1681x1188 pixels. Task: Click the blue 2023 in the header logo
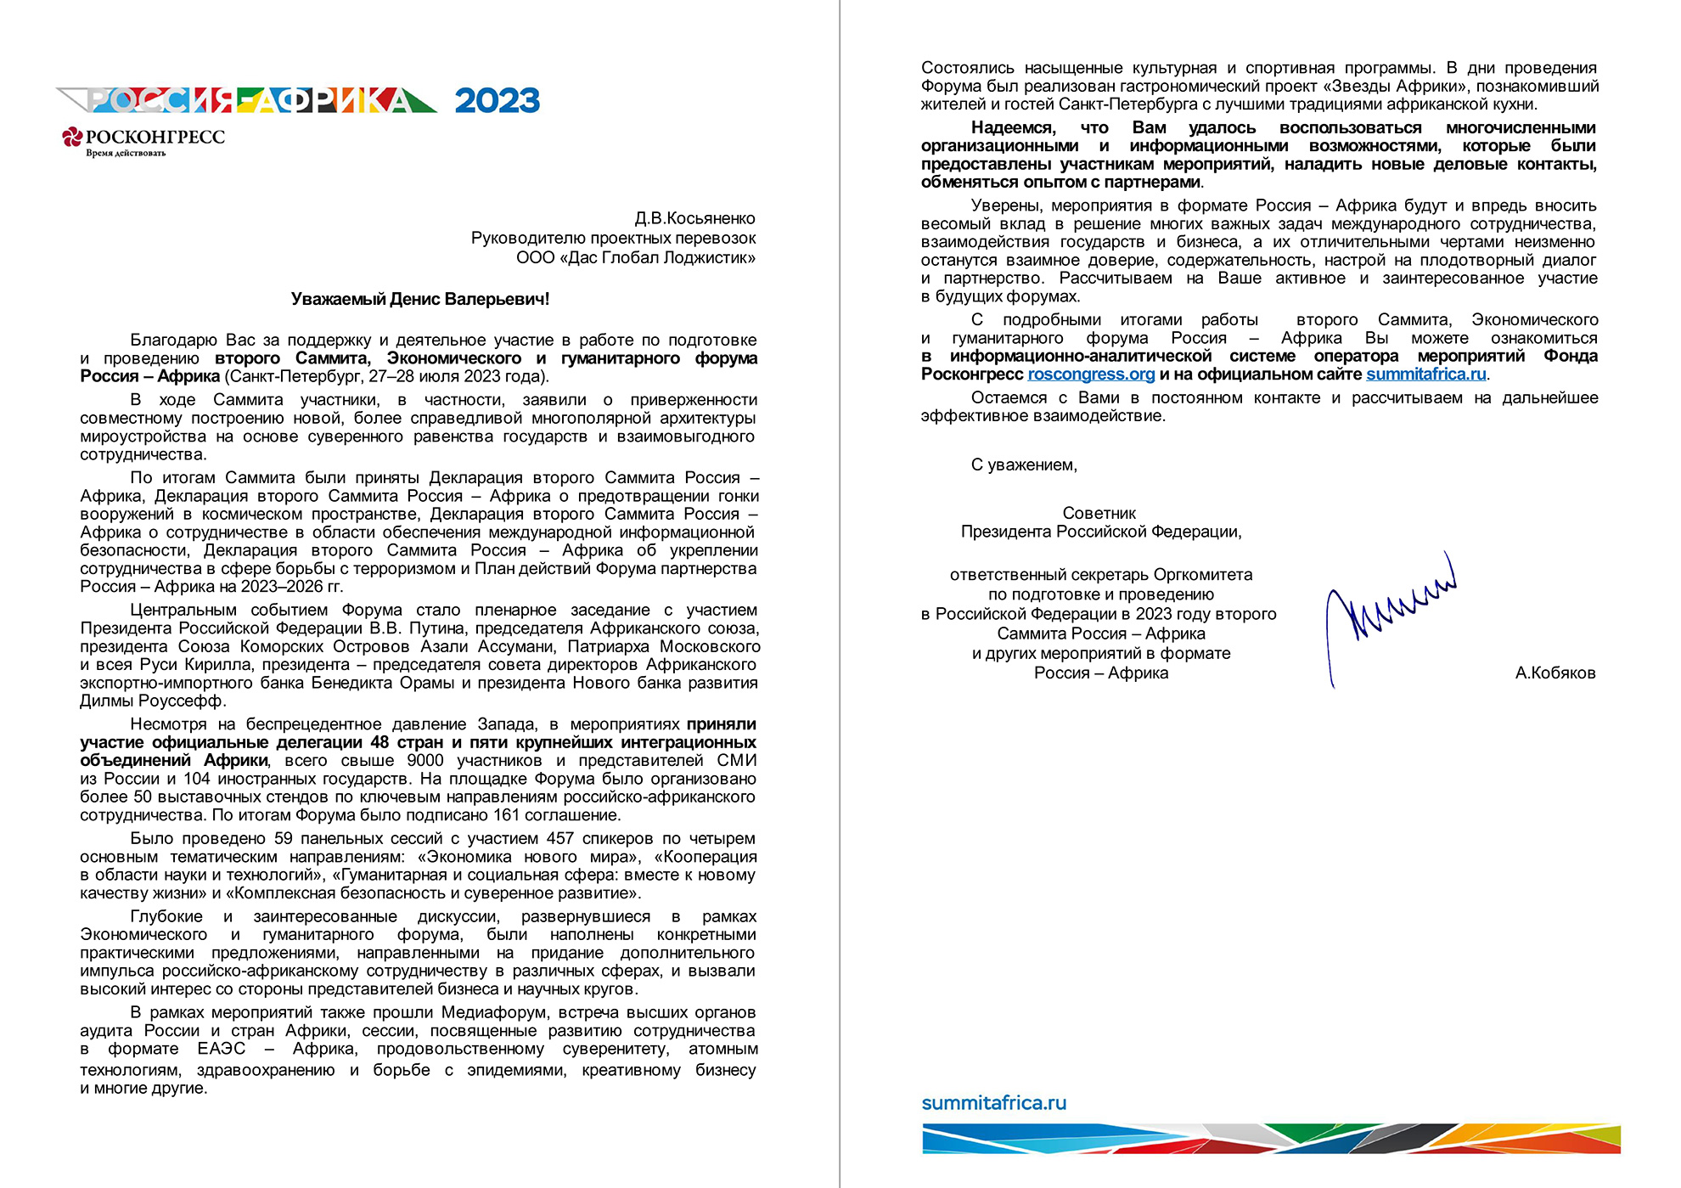[x=497, y=101]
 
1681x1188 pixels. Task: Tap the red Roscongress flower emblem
[x=72, y=137]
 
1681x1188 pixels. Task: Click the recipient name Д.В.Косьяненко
[x=694, y=218]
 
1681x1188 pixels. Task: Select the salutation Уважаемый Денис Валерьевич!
[x=419, y=299]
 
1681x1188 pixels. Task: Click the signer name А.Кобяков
[x=1555, y=673]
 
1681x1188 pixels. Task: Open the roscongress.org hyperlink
[x=1090, y=374]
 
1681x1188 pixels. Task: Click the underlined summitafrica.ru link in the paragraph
[x=1425, y=374]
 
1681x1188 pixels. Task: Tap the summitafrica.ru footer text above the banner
[x=993, y=1103]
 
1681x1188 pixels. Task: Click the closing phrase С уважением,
[x=1024, y=465]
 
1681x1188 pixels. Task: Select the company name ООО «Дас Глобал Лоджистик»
[x=635, y=258]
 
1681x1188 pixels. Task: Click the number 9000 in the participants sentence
[x=424, y=761]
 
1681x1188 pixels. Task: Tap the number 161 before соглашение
[x=506, y=815]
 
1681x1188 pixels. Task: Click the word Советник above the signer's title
[x=1099, y=514]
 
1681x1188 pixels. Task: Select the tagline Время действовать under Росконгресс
[x=126, y=154]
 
